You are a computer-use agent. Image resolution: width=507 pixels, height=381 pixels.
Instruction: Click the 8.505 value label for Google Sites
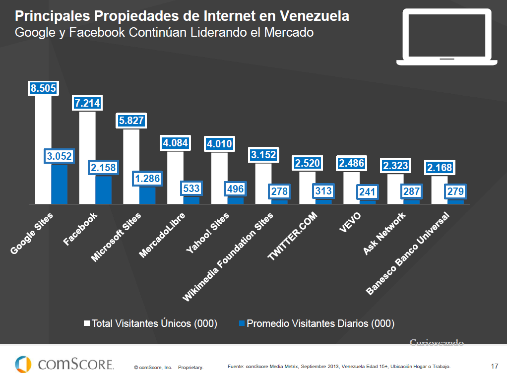click(x=43, y=88)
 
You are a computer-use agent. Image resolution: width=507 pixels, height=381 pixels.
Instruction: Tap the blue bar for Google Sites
click(x=60, y=184)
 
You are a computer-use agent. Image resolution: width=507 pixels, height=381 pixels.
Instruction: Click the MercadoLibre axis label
click(x=162, y=235)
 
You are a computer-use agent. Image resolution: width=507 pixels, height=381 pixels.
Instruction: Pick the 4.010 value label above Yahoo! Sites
click(x=219, y=144)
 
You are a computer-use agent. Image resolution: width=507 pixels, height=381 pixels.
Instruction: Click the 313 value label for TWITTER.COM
click(x=323, y=191)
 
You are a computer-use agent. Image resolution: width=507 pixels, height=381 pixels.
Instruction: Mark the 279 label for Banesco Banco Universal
click(x=455, y=191)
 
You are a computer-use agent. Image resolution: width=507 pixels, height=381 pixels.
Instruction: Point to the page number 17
click(x=494, y=367)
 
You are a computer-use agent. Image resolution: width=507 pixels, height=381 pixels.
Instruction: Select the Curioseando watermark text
click(x=437, y=342)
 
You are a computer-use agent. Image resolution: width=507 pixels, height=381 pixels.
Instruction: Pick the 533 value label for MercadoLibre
click(x=191, y=189)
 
